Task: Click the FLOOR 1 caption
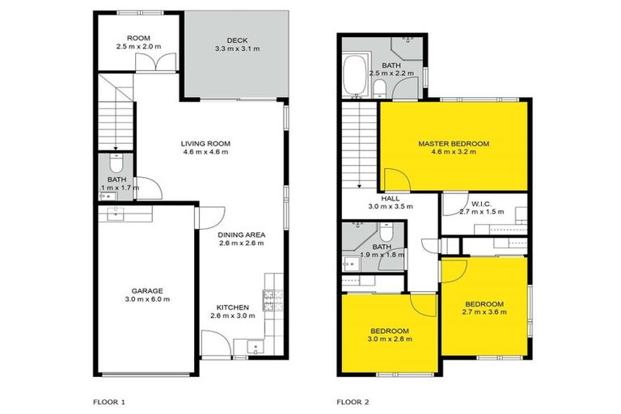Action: coord(111,399)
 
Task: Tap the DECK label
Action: coord(236,40)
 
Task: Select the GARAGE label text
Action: coord(148,290)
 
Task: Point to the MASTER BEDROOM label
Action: coord(453,144)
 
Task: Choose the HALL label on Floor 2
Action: coord(390,196)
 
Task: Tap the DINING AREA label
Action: coord(240,235)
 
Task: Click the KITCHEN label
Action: coord(231,306)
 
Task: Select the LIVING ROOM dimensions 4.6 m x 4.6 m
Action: coord(205,152)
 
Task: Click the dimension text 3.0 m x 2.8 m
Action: coord(391,339)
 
